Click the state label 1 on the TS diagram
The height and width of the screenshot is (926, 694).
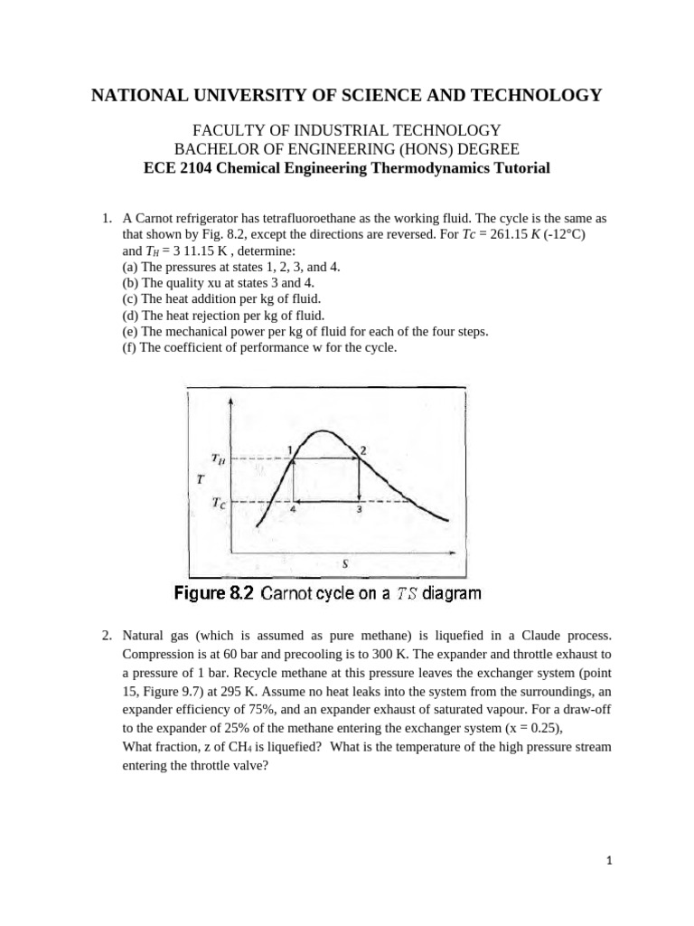(x=289, y=449)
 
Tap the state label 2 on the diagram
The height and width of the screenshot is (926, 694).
(x=362, y=449)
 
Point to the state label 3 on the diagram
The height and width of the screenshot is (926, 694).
(x=360, y=510)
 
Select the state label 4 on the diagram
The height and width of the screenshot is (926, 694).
(x=293, y=510)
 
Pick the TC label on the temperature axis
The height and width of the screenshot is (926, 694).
(x=220, y=503)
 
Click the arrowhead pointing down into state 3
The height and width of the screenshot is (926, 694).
(x=360, y=497)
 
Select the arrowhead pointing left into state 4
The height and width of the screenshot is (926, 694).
(x=299, y=501)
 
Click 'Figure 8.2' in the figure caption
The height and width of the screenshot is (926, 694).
(x=214, y=594)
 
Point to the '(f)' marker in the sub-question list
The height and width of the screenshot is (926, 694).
(x=129, y=347)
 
